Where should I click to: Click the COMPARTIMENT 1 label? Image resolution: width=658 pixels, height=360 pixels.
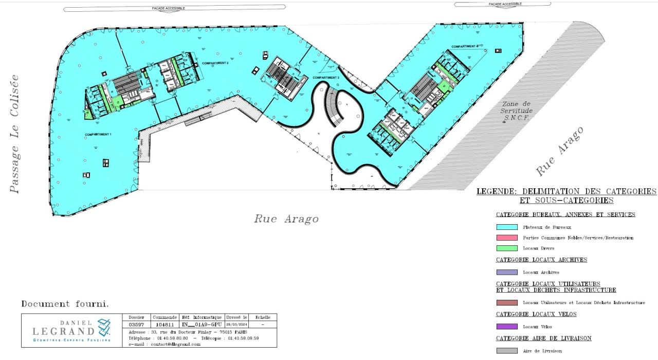(98, 134)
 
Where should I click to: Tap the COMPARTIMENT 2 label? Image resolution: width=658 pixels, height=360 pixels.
(215, 63)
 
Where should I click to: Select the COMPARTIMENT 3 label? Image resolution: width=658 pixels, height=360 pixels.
(326, 77)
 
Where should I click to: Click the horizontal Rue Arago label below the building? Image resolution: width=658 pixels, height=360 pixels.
(286, 219)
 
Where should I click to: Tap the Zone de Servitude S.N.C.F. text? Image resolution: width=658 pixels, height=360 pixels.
(516, 111)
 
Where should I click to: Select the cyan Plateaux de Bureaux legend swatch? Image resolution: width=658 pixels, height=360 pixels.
(506, 227)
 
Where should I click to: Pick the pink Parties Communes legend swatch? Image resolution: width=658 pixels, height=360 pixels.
(506, 238)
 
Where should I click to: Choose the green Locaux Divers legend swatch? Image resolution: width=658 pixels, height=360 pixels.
(506, 248)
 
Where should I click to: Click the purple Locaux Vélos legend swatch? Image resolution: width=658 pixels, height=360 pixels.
(506, 327)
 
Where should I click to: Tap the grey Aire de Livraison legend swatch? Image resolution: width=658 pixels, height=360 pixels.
(506, 351)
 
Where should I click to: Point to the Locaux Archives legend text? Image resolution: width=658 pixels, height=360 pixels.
(541, 272)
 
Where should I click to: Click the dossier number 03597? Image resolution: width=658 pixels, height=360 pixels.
(137, 325)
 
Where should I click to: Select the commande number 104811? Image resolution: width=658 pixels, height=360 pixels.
(165, 325)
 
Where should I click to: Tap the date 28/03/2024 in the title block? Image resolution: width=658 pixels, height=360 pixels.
(236, 325)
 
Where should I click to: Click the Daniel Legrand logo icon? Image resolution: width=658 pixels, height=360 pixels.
(104, 326)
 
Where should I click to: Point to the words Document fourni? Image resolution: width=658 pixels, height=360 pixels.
(65, 304)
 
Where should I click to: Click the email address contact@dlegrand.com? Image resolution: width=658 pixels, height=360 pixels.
(175, 344)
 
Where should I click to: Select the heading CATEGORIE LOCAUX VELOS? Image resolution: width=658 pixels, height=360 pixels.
(536, 314)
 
